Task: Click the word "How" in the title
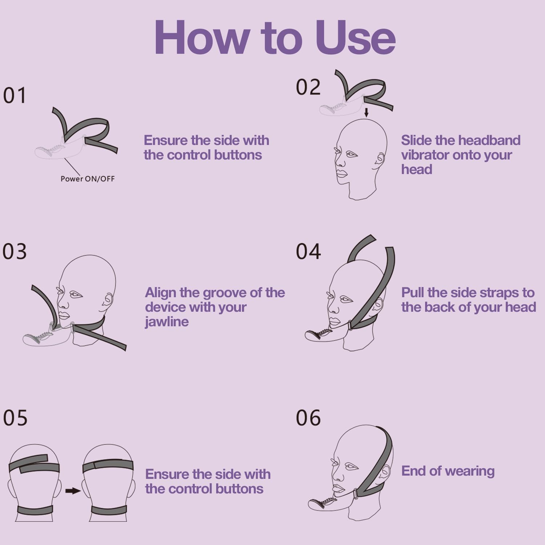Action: [x=202, y=38]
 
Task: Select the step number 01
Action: [x=15, y=96]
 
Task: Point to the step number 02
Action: [x=308, y=87]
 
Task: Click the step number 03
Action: [x=15, y=251]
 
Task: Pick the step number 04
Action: [x=308, y=251]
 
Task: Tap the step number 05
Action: [x=15, y=418]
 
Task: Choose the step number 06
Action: [x=308, y=418]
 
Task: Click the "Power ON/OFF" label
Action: [x=88, y=179]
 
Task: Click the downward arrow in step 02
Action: [x=366, y=112]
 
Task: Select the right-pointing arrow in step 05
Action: [x=73, y=491]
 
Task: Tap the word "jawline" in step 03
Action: [x=167, y=322]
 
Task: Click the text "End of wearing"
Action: [x=448, y=471]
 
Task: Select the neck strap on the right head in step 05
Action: [x=109, y=510]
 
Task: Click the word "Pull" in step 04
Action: [x=413, y=292]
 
